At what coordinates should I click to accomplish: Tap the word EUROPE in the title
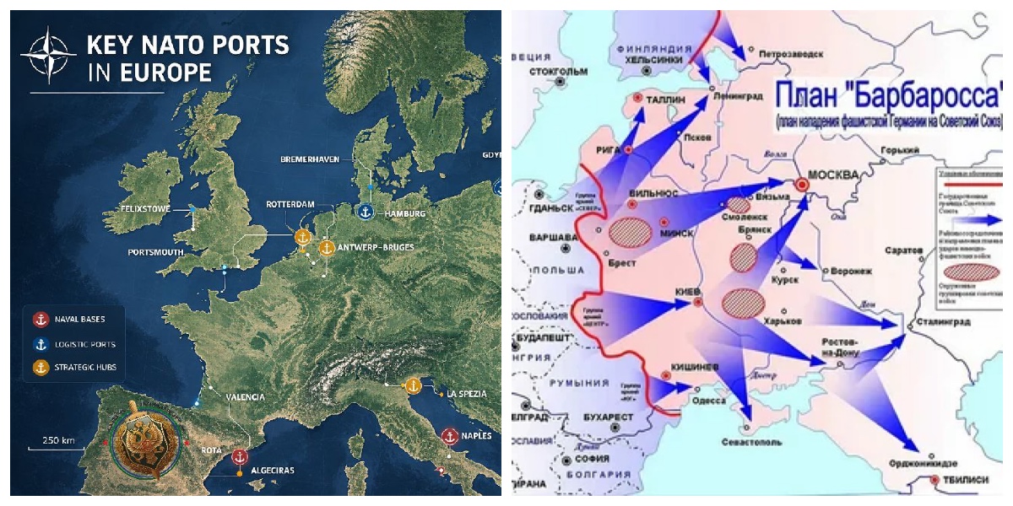167,73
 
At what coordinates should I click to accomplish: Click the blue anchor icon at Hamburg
366,213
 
